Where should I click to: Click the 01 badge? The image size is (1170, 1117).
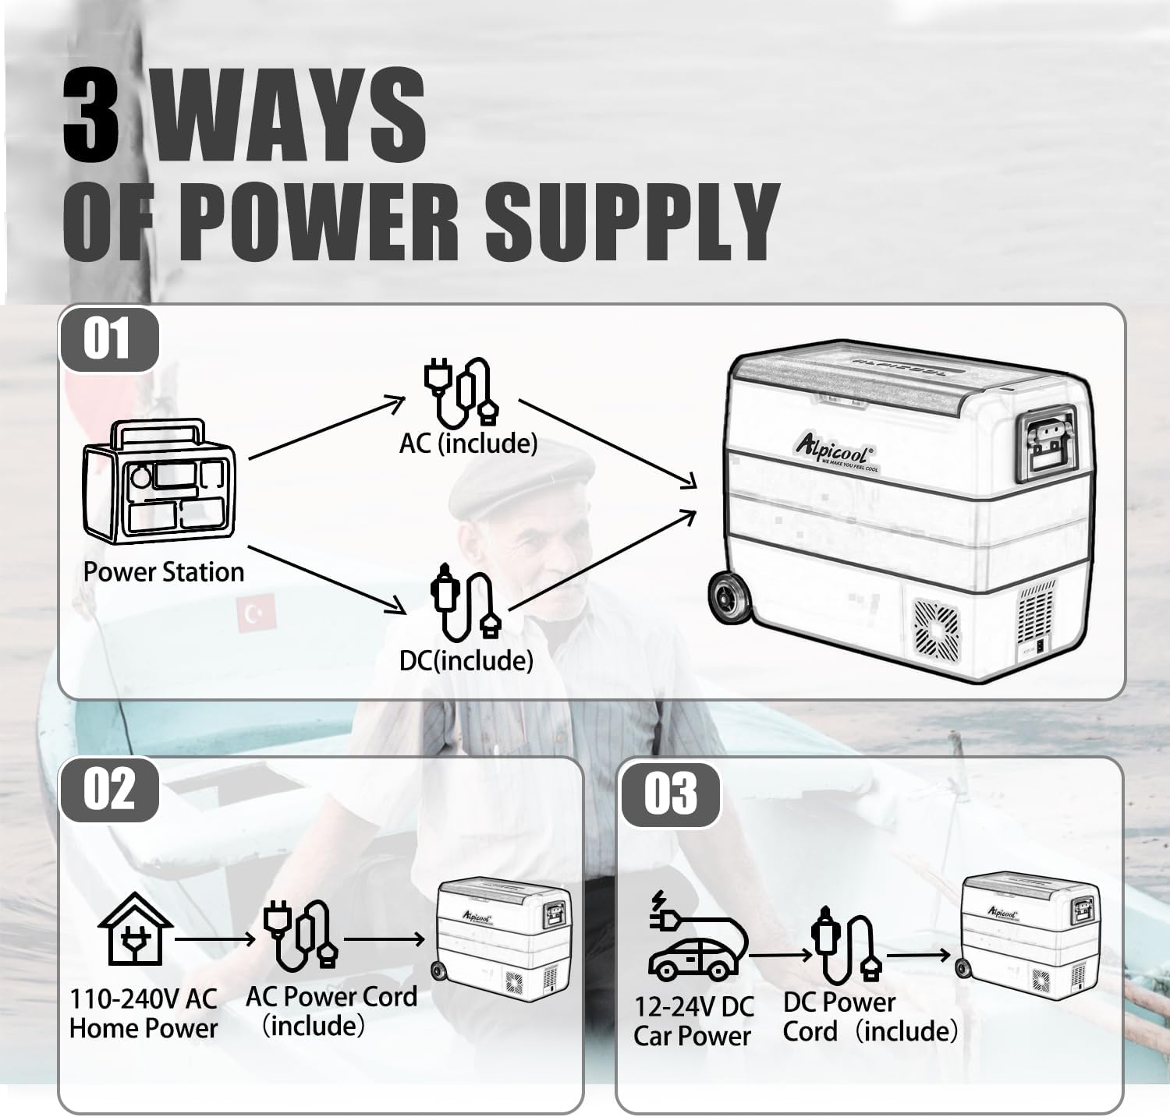tap(108, 340)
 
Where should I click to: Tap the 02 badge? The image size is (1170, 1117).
tap(108, 789)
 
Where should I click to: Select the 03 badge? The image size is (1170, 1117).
tap(670, 793)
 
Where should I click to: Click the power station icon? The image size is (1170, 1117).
tap(160, 482)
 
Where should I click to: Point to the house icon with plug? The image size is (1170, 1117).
tap(135, 928)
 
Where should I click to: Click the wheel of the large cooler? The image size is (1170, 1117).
tap(729, 597)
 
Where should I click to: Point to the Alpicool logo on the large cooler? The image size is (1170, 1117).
tap(835, 451)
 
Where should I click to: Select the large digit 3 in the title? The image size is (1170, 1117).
tap(93, 115)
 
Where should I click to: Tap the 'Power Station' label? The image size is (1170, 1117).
tap(164, 572)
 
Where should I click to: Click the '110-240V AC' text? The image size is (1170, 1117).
tap(144, 999)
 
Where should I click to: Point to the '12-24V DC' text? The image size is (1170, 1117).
tap(693, 1006)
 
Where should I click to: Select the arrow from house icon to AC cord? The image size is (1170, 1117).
tap(215, 938)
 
